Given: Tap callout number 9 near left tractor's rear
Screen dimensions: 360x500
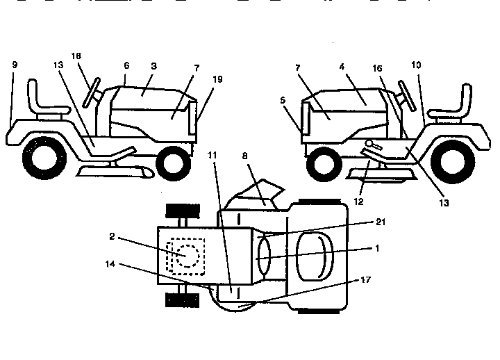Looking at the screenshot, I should pos(14,64).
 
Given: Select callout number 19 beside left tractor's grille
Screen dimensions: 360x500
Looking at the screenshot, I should pos(219,79).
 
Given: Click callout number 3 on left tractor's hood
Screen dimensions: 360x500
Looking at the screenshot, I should pos(153,66).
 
